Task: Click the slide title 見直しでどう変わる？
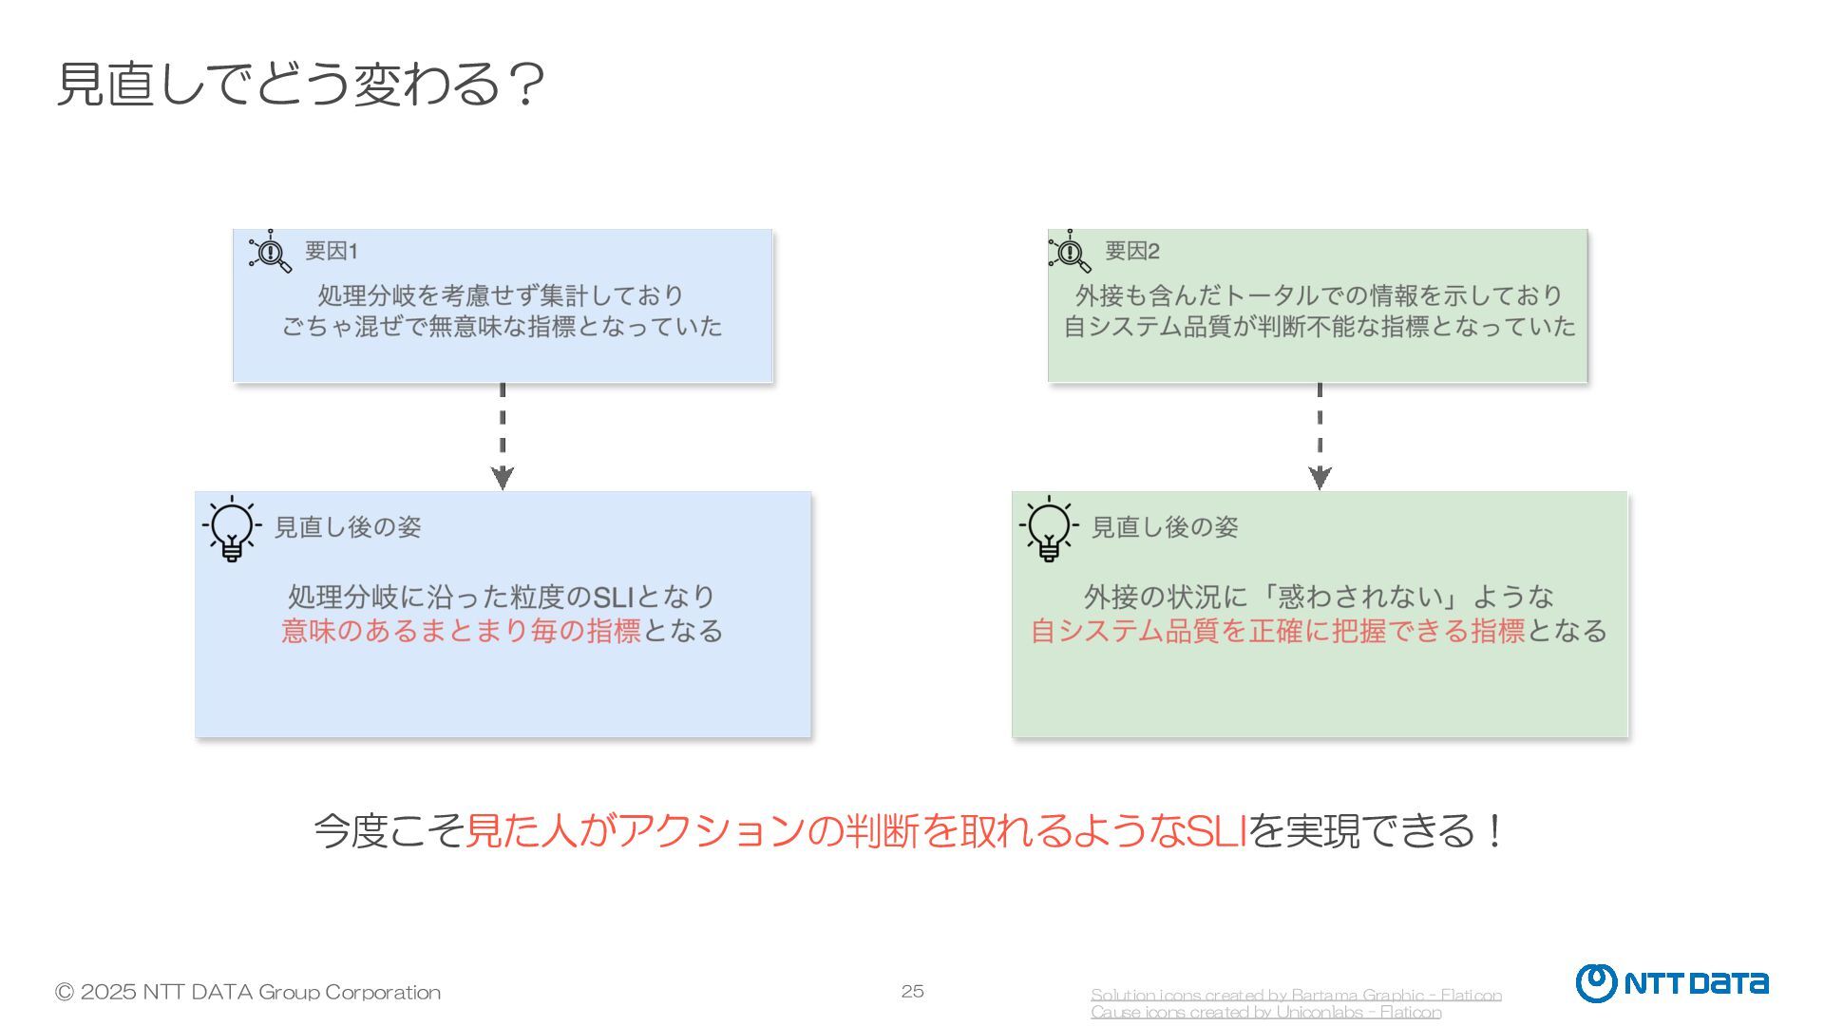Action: tap(300, 84)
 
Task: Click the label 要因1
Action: tap(331, 251)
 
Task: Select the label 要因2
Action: tap(1131, 251)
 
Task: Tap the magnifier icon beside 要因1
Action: tap(271, 252)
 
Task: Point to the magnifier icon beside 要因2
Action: tap(1070, 252)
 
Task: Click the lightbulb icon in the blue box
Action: tap(231, 529)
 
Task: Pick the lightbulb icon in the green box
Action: tap(1048, 529)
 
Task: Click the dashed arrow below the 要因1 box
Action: tap(503, 436)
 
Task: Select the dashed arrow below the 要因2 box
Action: tap(1320, 436)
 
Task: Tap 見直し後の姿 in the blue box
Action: tap(348, 527)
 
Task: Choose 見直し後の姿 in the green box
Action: tap(1165, 527)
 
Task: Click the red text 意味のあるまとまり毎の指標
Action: tap(461, 631)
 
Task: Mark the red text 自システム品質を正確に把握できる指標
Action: tap(1278, 631)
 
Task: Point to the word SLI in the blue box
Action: tap(613, 597)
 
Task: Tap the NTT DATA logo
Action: tap(1672, 983)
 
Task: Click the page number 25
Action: tap(912, 991)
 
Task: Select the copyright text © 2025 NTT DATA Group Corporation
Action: tap(248, 992)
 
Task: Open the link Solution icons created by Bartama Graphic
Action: tap(1296, 995)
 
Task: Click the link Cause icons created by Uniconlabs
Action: tap(1265, 1013)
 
